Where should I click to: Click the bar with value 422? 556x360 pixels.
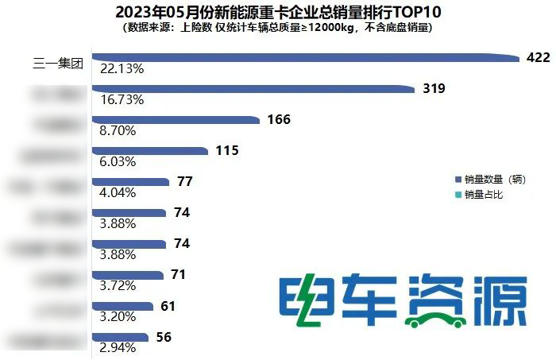tap(302, 57)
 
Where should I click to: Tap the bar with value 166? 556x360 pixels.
tap(175, 119)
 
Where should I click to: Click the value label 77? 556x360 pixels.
tap(185, 181)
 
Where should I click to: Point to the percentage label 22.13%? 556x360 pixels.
tap(118, 69)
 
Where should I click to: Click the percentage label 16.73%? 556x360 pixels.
tap(118, 100)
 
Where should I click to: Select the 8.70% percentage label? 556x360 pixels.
tap(114, 131)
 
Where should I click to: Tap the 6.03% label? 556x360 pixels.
tap(114, 161)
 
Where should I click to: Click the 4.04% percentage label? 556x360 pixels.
tap(114, 192)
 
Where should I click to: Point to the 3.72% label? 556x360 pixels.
tap(114, 285)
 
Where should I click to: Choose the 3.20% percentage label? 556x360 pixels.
tap(114, 316)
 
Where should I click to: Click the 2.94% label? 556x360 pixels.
tap(114, 347)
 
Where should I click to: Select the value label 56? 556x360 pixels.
tap(164, 337)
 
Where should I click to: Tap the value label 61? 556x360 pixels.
tap(168, 306)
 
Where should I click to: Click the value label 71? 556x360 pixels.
tap(178, 275)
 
